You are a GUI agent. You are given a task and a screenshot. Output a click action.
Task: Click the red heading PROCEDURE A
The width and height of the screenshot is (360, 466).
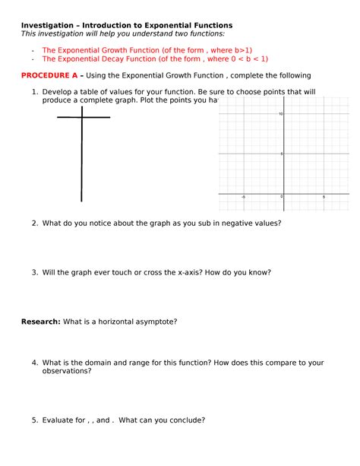click(52, 75)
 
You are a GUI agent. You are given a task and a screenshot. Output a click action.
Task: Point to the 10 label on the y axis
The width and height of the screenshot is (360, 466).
click(280, 114)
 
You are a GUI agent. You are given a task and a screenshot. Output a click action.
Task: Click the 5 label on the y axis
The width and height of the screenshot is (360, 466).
click(281, 154)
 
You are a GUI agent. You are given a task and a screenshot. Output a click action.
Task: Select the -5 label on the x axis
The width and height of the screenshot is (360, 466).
click(243, 197)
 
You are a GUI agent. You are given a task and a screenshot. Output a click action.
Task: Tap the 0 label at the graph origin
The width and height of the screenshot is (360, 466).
click(281, 197)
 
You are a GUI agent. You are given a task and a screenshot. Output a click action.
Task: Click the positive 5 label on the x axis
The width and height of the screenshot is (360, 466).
click(324, 197)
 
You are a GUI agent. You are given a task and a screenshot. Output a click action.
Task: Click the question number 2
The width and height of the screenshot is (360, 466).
click(35, 223)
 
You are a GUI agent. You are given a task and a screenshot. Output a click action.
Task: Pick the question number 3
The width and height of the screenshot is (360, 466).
click(35, 272)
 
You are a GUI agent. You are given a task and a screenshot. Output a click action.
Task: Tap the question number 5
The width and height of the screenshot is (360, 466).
click(35, 419)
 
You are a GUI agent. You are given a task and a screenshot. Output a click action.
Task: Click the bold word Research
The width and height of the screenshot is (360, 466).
click(40, 321)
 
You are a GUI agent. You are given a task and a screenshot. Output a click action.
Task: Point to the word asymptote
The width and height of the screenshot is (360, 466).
click(155, 321)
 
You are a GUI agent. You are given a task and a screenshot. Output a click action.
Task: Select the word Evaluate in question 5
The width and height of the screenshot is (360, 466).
click(60, 419)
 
